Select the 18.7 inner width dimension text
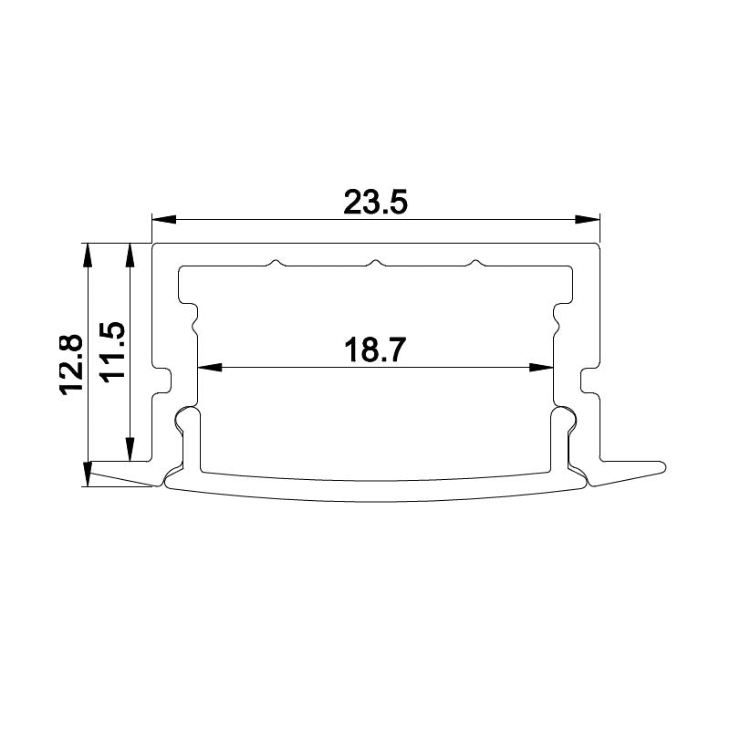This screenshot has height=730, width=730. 375,350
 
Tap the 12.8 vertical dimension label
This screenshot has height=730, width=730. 72,363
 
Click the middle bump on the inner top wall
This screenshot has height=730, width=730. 373,265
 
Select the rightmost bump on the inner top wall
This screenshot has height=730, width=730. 474,265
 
